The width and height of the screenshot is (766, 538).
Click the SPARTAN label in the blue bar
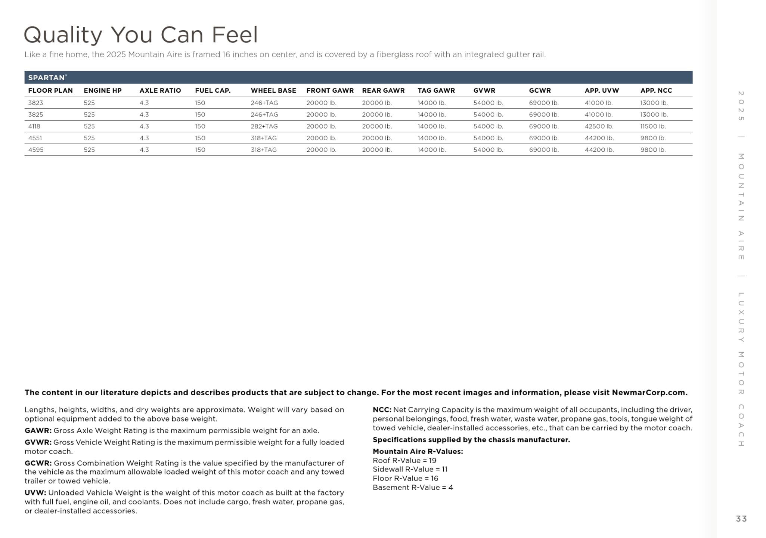point(47,78)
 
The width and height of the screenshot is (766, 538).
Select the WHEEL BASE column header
point(273,90)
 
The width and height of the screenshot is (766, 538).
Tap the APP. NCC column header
point(656,90)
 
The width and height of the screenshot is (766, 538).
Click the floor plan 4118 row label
point(34,126)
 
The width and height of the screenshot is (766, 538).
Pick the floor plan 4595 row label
point(36,150)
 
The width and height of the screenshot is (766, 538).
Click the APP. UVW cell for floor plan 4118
point(599,126)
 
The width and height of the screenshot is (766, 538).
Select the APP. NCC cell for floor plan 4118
point(653,126)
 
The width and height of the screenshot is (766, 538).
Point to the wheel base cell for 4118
point(264,126)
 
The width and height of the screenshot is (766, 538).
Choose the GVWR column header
point(484,90)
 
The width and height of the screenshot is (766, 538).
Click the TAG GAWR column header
point(436,90)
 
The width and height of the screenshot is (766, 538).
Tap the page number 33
point(741,519)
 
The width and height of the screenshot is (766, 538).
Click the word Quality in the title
point(63,35)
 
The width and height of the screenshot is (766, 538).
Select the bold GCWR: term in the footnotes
point(38,463)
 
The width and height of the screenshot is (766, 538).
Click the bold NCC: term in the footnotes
point(382,410)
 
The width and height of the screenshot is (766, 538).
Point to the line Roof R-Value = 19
point(404,460)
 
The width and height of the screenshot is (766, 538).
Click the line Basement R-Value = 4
point(413,488)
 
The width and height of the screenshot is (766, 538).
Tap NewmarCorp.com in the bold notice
point(649,393)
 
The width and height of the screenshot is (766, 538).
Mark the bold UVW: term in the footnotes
point(35,493)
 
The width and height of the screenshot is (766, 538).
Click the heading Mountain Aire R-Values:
point(418,451)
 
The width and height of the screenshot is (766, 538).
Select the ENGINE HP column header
point(103,90)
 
